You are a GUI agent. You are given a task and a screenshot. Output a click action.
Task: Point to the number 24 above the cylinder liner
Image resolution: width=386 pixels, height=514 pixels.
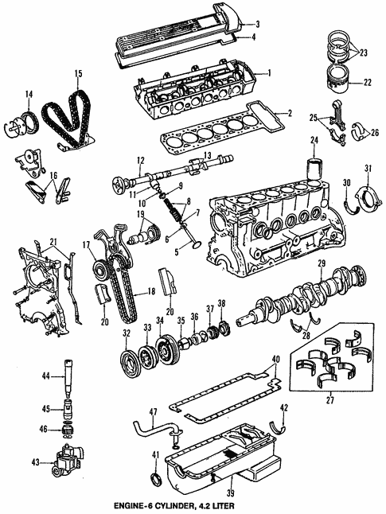(314, 143)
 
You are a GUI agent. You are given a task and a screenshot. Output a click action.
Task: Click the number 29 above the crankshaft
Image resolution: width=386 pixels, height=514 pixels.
(322, 263)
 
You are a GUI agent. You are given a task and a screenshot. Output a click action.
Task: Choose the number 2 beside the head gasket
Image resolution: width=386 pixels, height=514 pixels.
(289, 114)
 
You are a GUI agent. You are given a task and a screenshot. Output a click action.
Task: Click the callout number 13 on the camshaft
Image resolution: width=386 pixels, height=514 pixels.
(205, 156)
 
